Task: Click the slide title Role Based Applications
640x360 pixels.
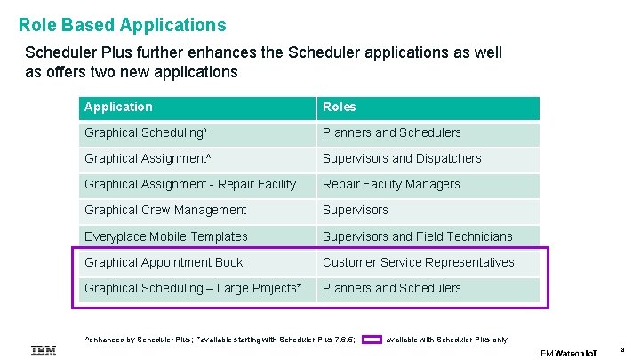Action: coord(123,26)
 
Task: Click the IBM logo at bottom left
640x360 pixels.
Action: coord(44,351)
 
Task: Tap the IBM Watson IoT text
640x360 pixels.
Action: coord(568,353)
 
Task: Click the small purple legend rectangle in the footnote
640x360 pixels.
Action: coord(372,339)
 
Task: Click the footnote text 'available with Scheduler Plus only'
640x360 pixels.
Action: coord(446,340)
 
